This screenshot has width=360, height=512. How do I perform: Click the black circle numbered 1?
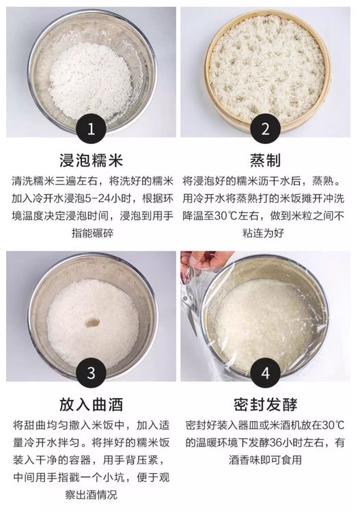point(91,128)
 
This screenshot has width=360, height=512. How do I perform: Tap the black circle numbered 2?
point(265,128)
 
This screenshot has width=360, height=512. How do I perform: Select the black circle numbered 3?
point(91,373)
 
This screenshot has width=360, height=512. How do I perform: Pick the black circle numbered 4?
point(265,373)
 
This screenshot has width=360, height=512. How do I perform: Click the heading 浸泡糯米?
point(91,160)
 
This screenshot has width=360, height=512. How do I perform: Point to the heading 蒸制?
point(265,160)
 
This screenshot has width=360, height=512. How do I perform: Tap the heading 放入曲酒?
point(91,405)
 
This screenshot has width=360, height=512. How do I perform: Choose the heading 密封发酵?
point(265,405)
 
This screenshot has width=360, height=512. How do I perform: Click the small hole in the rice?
point(92,323)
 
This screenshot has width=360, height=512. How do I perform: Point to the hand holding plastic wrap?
point(202,261)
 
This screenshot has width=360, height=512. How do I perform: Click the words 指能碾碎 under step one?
point(92,233)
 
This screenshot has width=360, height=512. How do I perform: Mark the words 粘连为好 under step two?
point(263,233)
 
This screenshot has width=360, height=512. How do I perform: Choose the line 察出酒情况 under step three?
point(91,495)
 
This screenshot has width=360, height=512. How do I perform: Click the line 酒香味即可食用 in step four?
point(265,459)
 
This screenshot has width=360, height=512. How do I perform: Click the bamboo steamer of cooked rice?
point(267,68)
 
